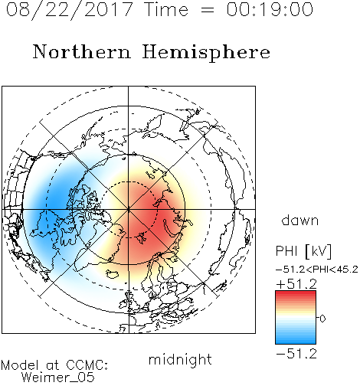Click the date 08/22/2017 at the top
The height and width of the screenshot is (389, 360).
point(70,10)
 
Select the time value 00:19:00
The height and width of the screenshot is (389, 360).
point(270,9)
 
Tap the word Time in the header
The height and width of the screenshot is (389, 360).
point(166,9)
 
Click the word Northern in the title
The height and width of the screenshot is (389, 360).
point(82,52)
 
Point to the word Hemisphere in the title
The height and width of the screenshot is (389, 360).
point(206,53)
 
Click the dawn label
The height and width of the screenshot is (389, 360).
point(300,220)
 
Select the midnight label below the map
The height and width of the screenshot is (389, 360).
point(180,359)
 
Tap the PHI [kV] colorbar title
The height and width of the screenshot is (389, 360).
point(303,251)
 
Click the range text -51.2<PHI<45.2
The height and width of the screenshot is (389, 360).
point(317,270)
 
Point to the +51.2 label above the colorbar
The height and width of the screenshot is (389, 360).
point(296,284)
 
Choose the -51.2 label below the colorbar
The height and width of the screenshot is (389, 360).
point(296,354)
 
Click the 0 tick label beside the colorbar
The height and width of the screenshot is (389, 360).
point(322,319)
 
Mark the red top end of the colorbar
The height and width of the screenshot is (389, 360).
point(296,293)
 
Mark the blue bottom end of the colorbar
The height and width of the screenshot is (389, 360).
point(296,342)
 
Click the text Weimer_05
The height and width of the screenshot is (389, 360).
point(58,378)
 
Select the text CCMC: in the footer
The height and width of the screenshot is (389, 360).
point(87,365)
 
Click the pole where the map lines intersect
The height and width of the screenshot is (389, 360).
point(129,209)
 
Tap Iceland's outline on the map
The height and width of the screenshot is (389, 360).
point(113,274)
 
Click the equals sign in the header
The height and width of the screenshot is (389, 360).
point(208,10)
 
